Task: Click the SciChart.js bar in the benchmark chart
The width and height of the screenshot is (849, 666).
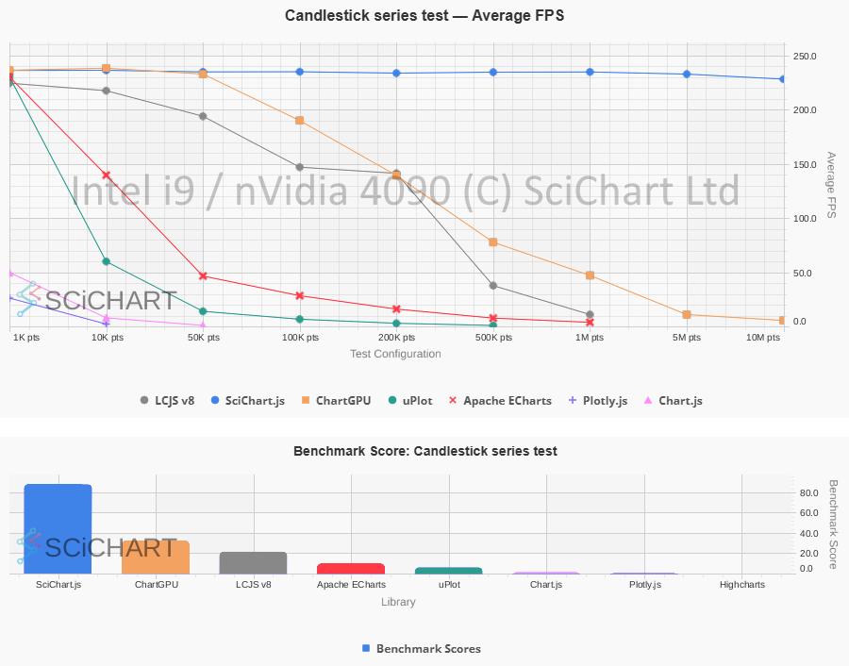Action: [x=58, y=529]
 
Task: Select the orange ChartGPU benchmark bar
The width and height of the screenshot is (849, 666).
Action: [x=156, y=558]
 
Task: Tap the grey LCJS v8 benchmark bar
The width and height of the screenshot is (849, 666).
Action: [x=253, y=563]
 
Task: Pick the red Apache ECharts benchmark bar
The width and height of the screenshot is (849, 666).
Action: [x=351, y=569]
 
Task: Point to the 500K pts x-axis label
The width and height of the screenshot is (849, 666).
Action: [x=493, y=338]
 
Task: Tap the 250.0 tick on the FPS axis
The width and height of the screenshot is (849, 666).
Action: [x=805, y=57]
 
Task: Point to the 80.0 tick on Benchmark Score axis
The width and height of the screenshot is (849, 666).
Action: [x=808, y=493]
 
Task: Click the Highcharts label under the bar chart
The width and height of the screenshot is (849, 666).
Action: [x=742, y=585]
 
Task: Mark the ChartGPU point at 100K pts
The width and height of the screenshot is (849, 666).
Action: [x=300, y=121]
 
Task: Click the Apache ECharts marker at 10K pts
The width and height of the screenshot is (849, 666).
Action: [x=107, y=175]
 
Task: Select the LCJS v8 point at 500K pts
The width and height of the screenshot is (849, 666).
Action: [x=493, y=285]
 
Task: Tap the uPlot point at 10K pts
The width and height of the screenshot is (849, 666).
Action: [x=107, y=261]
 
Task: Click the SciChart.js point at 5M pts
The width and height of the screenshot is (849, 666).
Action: [x=687, y=75]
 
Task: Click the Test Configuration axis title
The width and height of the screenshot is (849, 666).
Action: [x=395, y=355]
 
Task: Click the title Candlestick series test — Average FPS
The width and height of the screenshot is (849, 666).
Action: [x=424, y=15]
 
